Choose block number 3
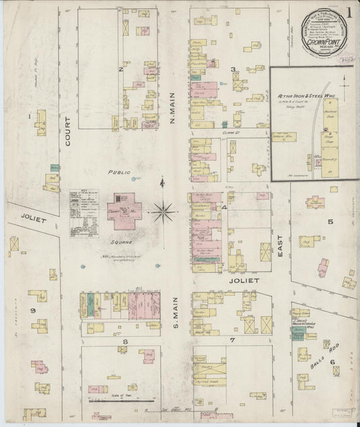pos(233,69)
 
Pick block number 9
pos(32,309)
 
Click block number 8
pos(125,342)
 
